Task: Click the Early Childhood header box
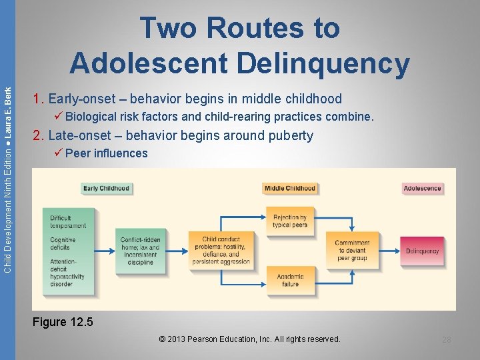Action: (x=106, y=189)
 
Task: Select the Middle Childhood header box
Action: (x=289, y=189)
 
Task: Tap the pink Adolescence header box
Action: (x=422, y=189)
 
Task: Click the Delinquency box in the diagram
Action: (x=422, y=251)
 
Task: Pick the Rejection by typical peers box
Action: (x=289, y=221)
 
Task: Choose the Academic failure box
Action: (x=289, y=280)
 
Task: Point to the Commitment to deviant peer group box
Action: (x=351, y=251)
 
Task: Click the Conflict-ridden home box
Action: (x=139, y=251)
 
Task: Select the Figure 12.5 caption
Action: (x=63, y=323)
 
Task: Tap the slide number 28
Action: (x=446, y=340)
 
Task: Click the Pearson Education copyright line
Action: (x=250, y=339)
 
